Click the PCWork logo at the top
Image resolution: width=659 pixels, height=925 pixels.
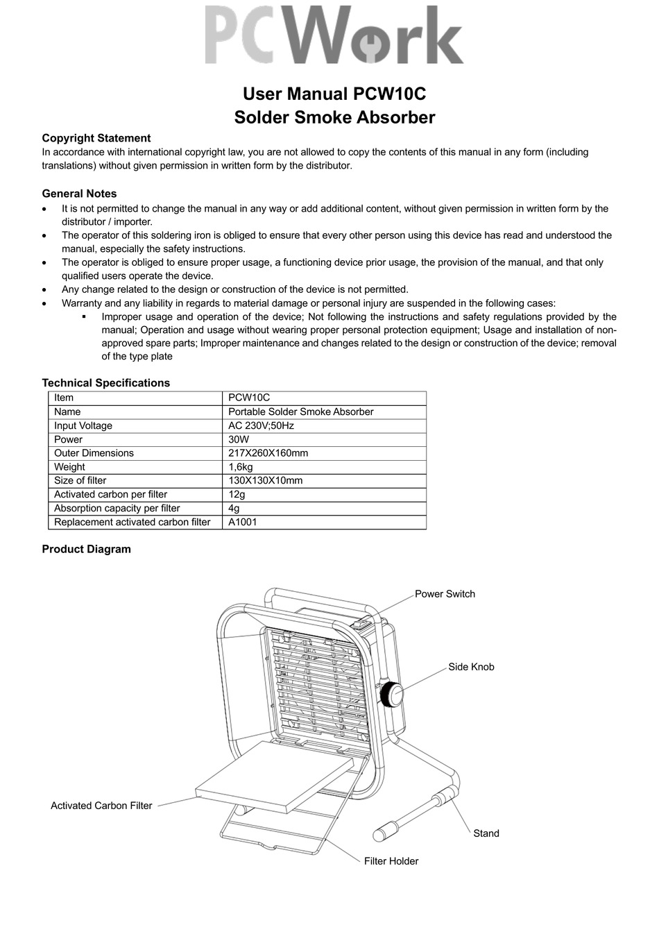tap(334, 36)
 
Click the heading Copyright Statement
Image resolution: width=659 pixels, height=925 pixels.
tap(96, 138)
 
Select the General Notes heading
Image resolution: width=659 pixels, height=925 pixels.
tap(79, 194)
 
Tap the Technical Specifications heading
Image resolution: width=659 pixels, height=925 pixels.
tap(105, 382)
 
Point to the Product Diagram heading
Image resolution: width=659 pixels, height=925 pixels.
tap(86, 549)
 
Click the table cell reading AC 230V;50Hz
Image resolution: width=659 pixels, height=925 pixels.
tap(261, 425)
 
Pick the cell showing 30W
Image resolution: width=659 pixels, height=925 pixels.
tap(239, 439)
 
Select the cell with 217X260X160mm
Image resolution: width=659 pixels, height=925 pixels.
tap(268, 453)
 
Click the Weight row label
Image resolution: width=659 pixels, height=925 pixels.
tap(69, 467)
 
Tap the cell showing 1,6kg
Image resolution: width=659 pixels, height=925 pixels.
tap(241, 467)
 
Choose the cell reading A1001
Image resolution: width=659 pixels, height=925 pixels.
tap(242, 522)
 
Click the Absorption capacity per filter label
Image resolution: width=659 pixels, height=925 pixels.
tap(117, 508)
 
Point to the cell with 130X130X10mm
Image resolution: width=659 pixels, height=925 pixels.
tap(265, 480)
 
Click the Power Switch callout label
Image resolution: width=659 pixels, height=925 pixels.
tap(445, 594)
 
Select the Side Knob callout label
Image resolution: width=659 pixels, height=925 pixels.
tap(471, 667)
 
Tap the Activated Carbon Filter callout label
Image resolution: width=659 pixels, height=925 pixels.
tap(101, 806)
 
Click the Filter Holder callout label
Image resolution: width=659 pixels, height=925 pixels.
tap(391, 861)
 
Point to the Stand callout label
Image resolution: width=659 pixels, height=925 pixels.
tap(486, 833)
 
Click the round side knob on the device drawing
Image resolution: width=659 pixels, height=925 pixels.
tap(392, 693)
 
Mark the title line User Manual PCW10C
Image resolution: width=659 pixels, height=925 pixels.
tap(334, 94)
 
